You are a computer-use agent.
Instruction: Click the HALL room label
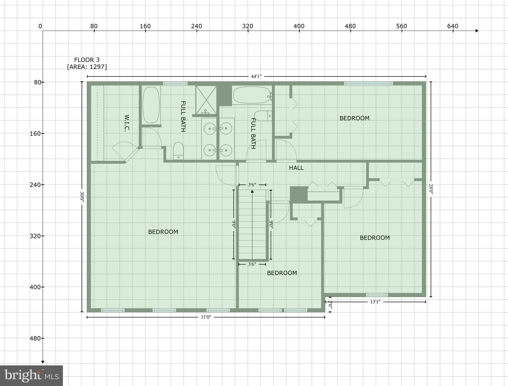click(296, 168)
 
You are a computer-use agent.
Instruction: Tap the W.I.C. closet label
click(127, 123)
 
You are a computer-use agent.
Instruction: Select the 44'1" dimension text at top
click(256, 76)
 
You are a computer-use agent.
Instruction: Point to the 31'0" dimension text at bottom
click(206, 317)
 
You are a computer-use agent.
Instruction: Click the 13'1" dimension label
click(375, 302)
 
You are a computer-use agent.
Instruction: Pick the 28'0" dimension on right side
click(431, 189)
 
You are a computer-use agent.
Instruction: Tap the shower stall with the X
click(206, 100)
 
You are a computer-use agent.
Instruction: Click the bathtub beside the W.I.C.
click(151, 105)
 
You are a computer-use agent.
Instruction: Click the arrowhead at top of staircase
click(252, 191)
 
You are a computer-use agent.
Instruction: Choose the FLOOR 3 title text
click(87, 60)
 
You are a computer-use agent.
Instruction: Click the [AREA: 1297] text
click(87, 67)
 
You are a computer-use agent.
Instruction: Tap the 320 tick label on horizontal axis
click(248, 26)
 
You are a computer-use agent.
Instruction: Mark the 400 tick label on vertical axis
click(35, 287)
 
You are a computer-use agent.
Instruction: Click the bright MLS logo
click(31, 375)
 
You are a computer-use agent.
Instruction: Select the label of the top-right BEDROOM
click(354, 118)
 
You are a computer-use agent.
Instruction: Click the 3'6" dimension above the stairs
click(252, 185)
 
